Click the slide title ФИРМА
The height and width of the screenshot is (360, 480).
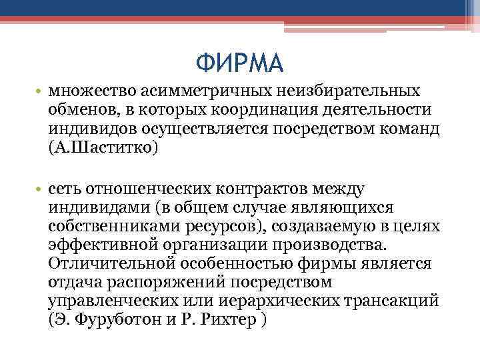coord(240,64)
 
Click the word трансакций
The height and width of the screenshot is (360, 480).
coord(392,301)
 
